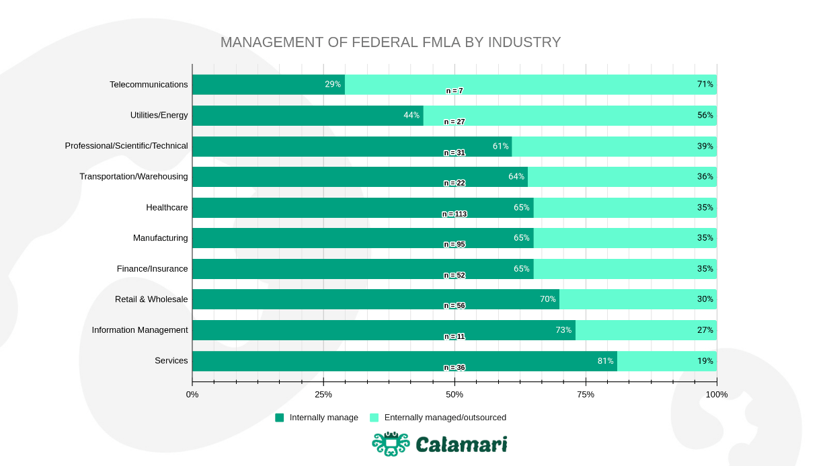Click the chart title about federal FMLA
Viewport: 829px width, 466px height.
(390, 42)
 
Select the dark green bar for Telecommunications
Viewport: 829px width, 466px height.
(268, 85)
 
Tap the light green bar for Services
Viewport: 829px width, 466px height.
(666, 361)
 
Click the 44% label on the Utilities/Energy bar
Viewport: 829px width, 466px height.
(411, 115)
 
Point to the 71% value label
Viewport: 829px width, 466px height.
(705, 84)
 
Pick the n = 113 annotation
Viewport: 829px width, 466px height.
(454, 214)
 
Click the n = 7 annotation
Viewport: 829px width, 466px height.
(455, 91)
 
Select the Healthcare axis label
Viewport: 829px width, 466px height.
(167, 207)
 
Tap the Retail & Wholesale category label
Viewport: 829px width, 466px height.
(151, 299)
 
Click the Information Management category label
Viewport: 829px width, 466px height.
(140, 329)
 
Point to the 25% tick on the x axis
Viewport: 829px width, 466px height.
(323, 394)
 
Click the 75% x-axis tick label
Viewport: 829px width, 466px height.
(586, 394)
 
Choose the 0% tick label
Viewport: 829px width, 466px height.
(192, 394)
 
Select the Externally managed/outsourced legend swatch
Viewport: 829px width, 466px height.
(374, 418)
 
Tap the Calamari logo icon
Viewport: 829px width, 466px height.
(391, 444)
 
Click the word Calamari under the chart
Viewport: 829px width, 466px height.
(461, 444)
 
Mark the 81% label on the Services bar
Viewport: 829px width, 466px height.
(605, 361)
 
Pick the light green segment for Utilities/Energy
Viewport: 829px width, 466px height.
(569, 116)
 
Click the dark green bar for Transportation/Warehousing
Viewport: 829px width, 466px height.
(360, 177)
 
